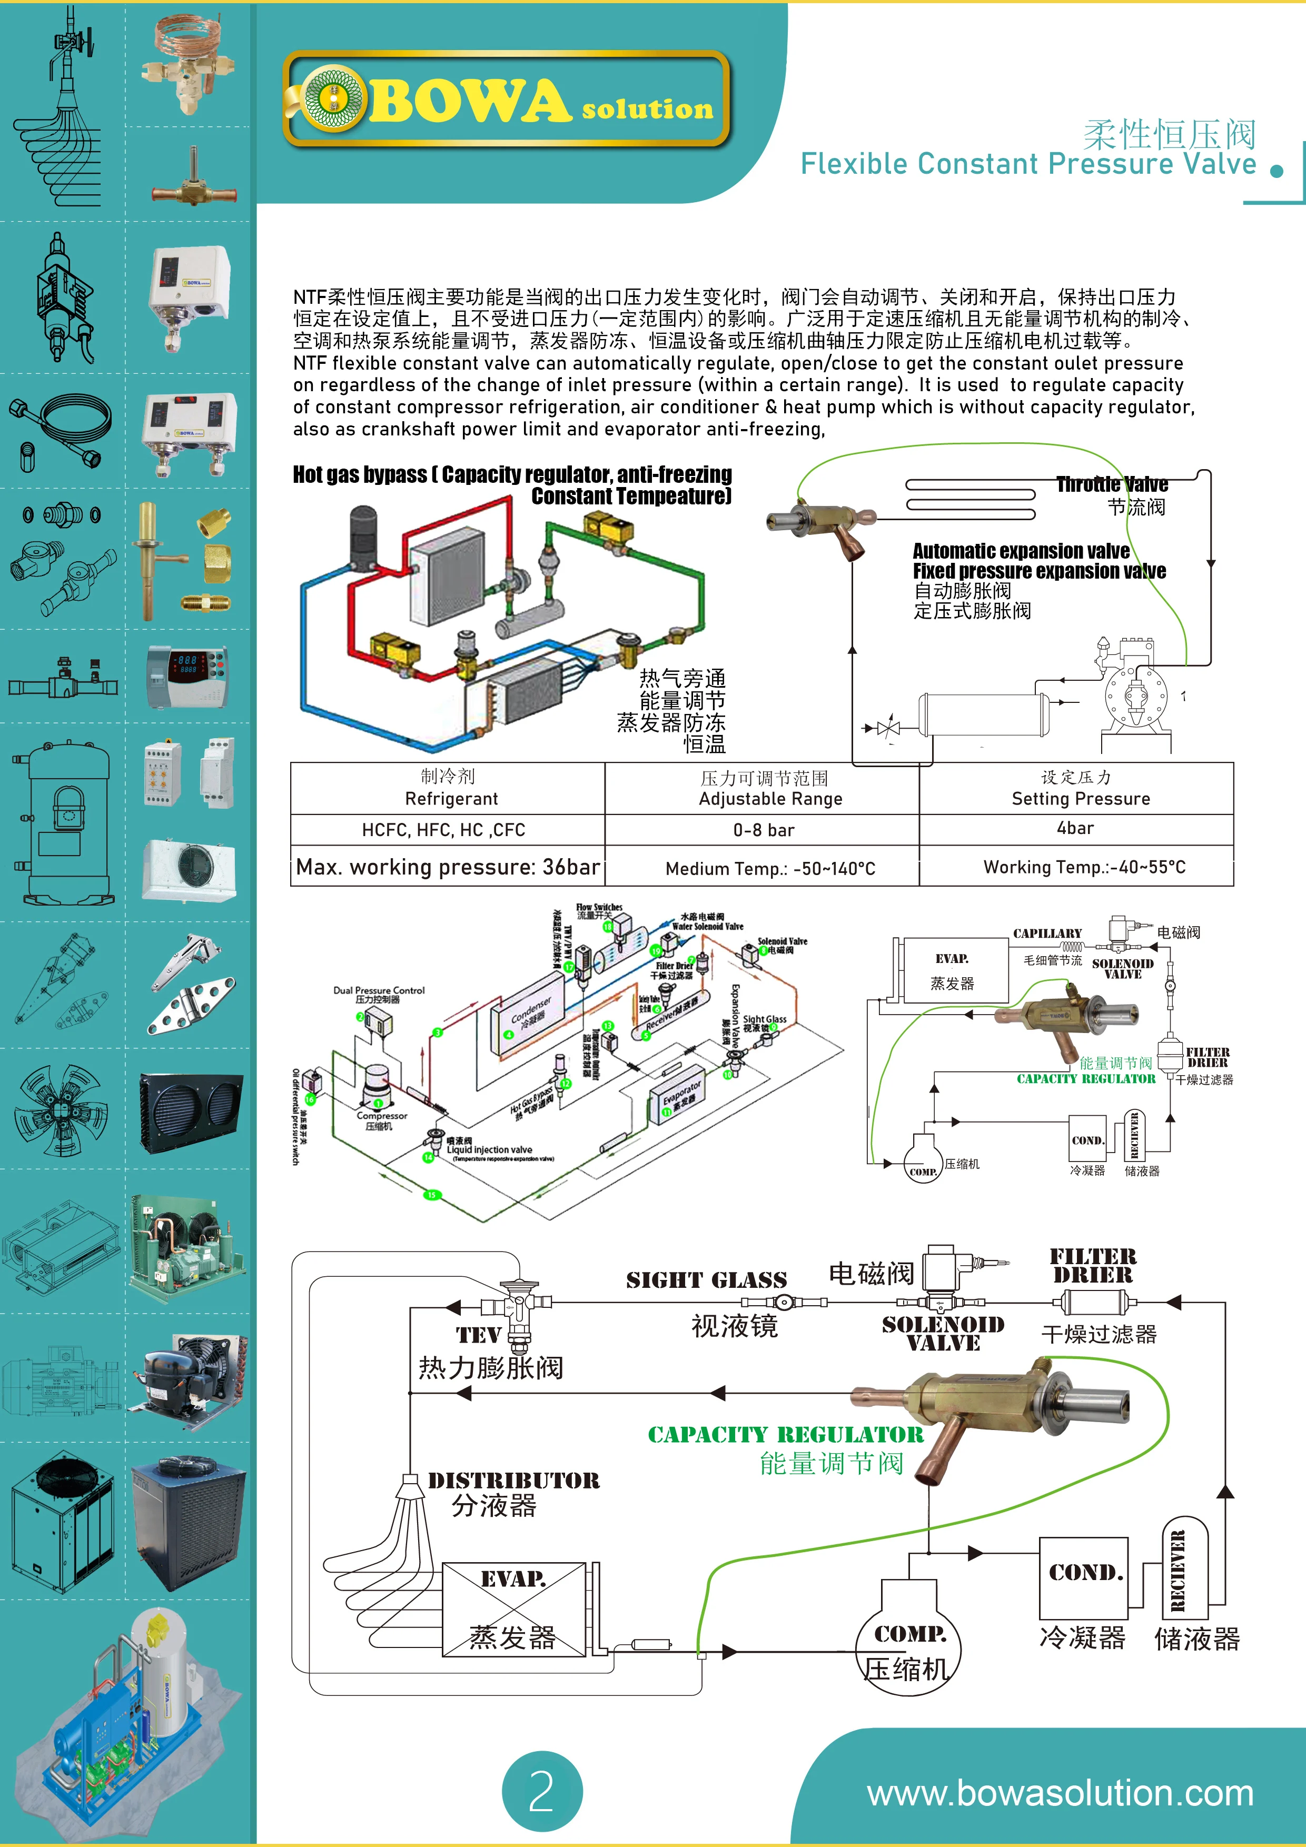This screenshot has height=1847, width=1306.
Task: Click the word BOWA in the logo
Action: coord(467,102)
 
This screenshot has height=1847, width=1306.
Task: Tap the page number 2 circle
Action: coord(541,1791)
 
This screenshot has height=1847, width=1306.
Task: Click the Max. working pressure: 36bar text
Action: coord(448,867)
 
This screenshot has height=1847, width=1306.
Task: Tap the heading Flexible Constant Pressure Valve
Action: coord(1027,164)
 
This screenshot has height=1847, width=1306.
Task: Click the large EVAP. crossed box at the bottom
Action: coord(513,1609)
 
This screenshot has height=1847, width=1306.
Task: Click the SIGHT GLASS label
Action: coord(707,1280)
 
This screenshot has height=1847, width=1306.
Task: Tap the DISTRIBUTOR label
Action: coord(513,1480)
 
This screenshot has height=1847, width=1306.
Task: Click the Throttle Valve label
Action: coord(1112,484)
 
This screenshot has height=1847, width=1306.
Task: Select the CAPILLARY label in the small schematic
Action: coord(1047,933)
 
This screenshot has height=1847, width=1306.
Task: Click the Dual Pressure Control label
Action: coord(378,990)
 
